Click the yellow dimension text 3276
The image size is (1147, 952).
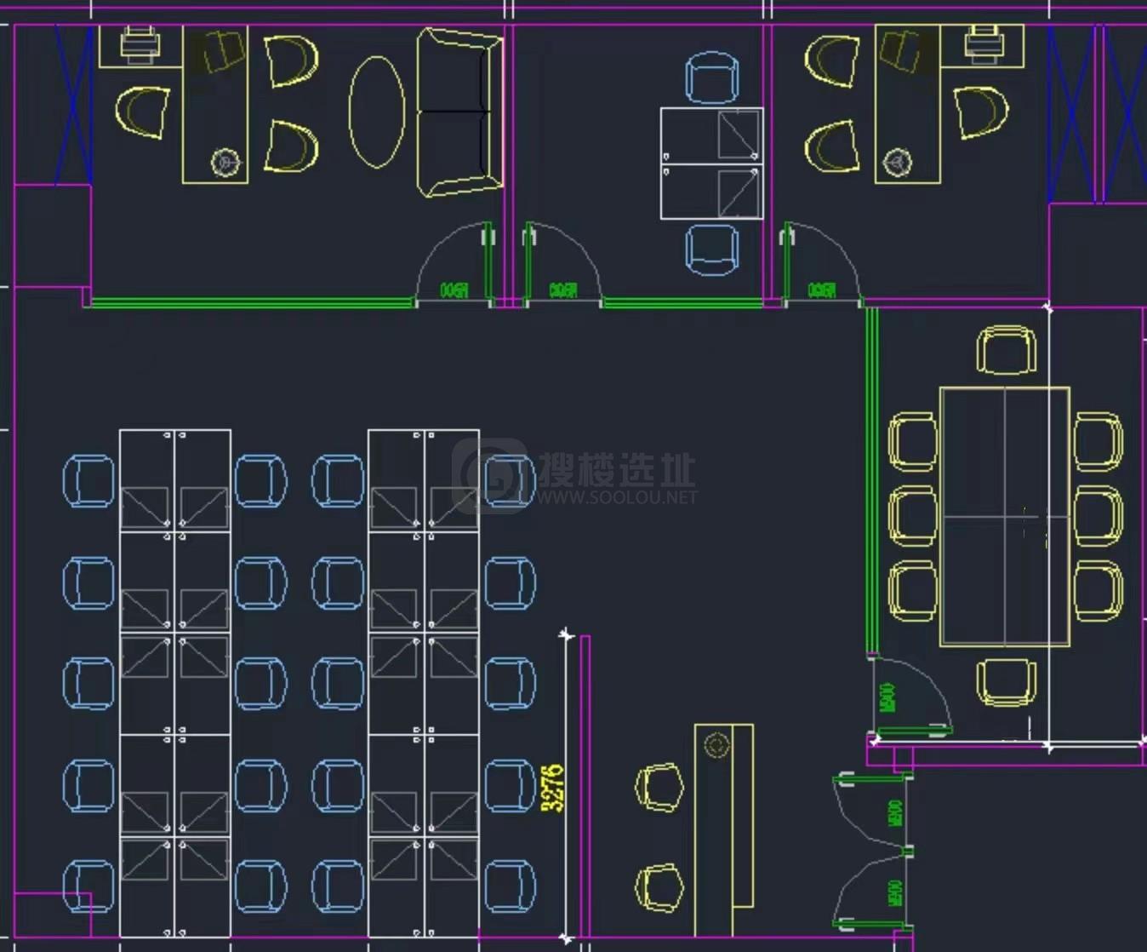tap(553, 788)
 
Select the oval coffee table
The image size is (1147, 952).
tap(376, 112)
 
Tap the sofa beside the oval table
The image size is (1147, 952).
tap(458, 112)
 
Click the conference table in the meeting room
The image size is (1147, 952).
tap(1004, 517)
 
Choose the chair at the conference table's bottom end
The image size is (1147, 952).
tap(1007, 682)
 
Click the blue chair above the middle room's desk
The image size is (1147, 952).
tap(711, 77)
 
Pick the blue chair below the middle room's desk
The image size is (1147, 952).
tap(711, 249)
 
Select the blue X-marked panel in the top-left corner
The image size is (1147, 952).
tap(74, 104)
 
